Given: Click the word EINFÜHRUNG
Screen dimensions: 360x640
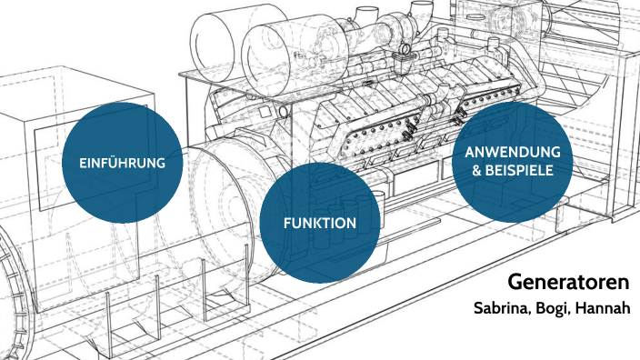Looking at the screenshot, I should [122, 164].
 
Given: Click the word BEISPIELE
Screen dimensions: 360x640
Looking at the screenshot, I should [520, 169].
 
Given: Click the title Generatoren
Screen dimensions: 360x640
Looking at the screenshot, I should [568, 282].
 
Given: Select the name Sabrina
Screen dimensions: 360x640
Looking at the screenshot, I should [502, 309].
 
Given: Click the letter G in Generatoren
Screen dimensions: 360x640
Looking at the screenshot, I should [515, 282].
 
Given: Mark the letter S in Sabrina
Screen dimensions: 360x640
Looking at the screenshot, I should [478, 309].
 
